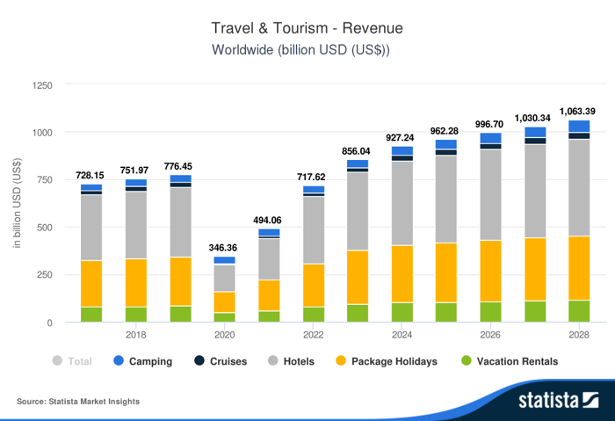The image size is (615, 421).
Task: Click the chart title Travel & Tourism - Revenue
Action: tap(307, 28)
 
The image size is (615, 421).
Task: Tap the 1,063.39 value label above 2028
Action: tap(578, 111)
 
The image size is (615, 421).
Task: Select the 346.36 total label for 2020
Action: tap(224, 249)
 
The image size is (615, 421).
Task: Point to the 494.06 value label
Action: tap(269, 220)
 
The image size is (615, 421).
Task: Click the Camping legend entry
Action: tap(142, 361)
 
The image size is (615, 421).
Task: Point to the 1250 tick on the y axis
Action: tap(42, 86)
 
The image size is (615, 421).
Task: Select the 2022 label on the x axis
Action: tap(313, 336)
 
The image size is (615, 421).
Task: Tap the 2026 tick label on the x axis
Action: tap(490, 336)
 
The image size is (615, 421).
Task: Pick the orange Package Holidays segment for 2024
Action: tap(402, 273)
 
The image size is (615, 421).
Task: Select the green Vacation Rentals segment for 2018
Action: tap(136, 314)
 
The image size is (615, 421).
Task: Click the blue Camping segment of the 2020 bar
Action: tap(224, 260)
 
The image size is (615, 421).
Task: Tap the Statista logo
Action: tap(557, 401)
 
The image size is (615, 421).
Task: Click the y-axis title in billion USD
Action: tap(18, 202)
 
